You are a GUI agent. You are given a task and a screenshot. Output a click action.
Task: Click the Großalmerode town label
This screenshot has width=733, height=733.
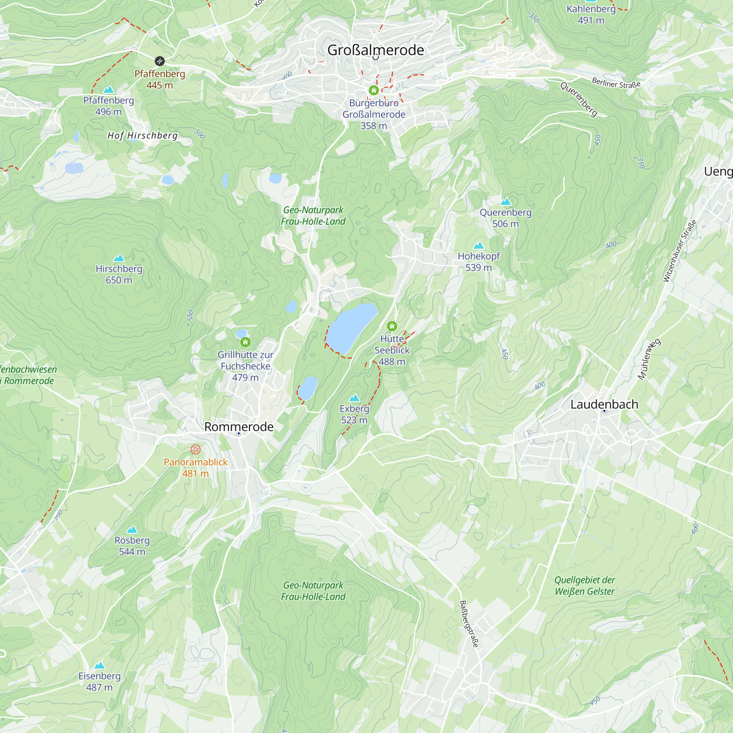pos(375,50)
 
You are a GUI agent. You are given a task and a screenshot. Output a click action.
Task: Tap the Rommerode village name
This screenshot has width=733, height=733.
pos(239,427)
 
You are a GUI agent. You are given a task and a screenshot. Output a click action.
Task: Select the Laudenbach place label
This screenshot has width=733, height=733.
pos(604,405)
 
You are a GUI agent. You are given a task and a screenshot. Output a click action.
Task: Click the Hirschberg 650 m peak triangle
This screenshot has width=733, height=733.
pos(119,258)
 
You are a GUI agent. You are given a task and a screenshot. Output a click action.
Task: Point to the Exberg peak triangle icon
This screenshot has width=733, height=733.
pos(354,398)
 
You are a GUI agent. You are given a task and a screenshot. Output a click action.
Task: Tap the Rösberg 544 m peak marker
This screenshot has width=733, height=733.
pos(132,530)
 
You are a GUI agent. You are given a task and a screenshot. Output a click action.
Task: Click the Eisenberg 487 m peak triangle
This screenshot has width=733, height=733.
pos(99,665)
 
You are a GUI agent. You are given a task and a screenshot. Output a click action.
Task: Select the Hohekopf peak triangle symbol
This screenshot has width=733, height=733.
pos(479,246)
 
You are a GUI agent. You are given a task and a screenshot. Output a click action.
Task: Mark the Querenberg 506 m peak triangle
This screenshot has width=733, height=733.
pos(505,202)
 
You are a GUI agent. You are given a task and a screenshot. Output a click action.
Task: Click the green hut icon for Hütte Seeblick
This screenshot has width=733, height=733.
pos(392,326)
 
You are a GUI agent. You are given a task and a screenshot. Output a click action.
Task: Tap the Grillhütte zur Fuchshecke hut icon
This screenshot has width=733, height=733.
pos(246,342)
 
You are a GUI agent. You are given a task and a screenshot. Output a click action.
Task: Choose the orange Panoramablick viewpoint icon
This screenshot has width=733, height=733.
pos(195,450)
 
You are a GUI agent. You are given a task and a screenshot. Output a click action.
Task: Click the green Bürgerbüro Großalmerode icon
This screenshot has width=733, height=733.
pos(374,90)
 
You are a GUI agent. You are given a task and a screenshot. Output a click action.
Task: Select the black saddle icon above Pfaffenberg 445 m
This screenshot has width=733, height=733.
pos(160,61)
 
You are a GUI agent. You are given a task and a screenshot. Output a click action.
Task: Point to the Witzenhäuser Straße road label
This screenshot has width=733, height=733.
pos(679,251)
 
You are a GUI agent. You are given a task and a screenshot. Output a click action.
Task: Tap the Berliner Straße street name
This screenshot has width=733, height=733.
pos(616,83)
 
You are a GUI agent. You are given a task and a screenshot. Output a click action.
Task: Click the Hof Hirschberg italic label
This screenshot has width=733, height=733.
pos(143,136)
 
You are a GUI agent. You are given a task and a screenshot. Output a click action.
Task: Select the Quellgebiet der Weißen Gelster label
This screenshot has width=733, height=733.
pos(584,585)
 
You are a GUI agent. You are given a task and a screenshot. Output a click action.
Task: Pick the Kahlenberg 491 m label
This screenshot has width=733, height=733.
pos(591,14)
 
